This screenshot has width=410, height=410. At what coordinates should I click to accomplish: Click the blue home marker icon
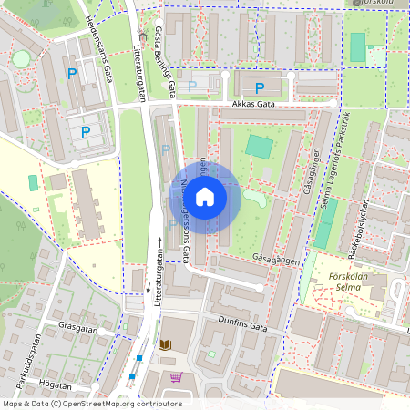point(205,196)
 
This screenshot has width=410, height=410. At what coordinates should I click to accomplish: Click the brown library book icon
point(165,345)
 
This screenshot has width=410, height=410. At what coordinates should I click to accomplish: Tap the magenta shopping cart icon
point(176,376)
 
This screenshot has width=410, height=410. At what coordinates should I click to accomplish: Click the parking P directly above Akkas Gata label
point(260,88)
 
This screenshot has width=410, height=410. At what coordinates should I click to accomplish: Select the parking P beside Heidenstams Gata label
point(71,73)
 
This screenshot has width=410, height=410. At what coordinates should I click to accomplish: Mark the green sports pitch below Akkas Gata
point(259,146)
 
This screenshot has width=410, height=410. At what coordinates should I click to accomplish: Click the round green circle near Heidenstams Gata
point(21,59)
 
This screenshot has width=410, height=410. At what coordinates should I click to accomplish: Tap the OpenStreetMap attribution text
point(92,403)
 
